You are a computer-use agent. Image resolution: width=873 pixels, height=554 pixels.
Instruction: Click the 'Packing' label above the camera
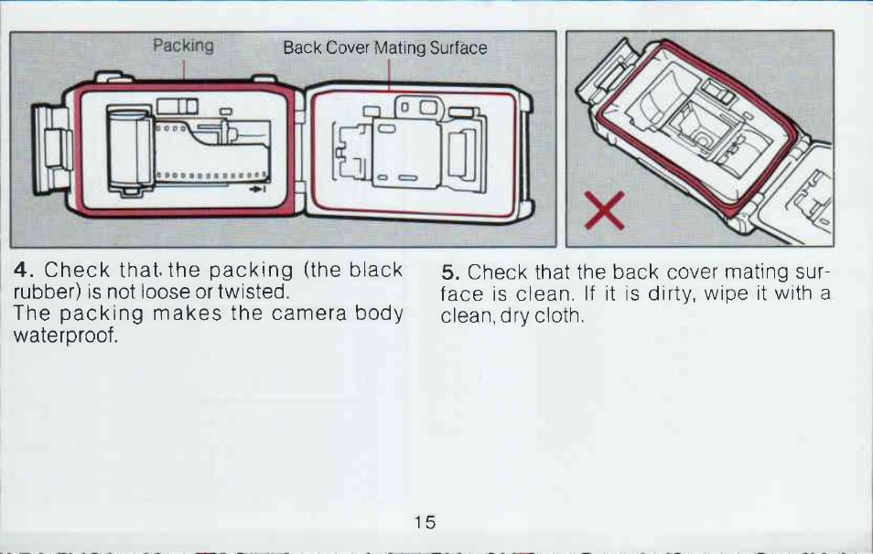[183, 46]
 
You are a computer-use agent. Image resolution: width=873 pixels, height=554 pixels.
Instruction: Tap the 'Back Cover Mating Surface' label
[384, 48]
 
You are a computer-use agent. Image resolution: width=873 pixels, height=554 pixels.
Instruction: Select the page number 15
[425, 522]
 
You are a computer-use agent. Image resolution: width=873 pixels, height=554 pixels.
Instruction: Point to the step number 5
[450, 272]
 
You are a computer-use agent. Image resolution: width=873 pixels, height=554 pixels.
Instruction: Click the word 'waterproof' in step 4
[65, 336]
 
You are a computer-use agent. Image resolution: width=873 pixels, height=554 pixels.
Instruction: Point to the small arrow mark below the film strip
[257, 189]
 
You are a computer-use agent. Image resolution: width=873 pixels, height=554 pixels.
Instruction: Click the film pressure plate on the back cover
[406, 154]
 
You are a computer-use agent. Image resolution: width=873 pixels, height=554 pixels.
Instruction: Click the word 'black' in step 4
[376, 270]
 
